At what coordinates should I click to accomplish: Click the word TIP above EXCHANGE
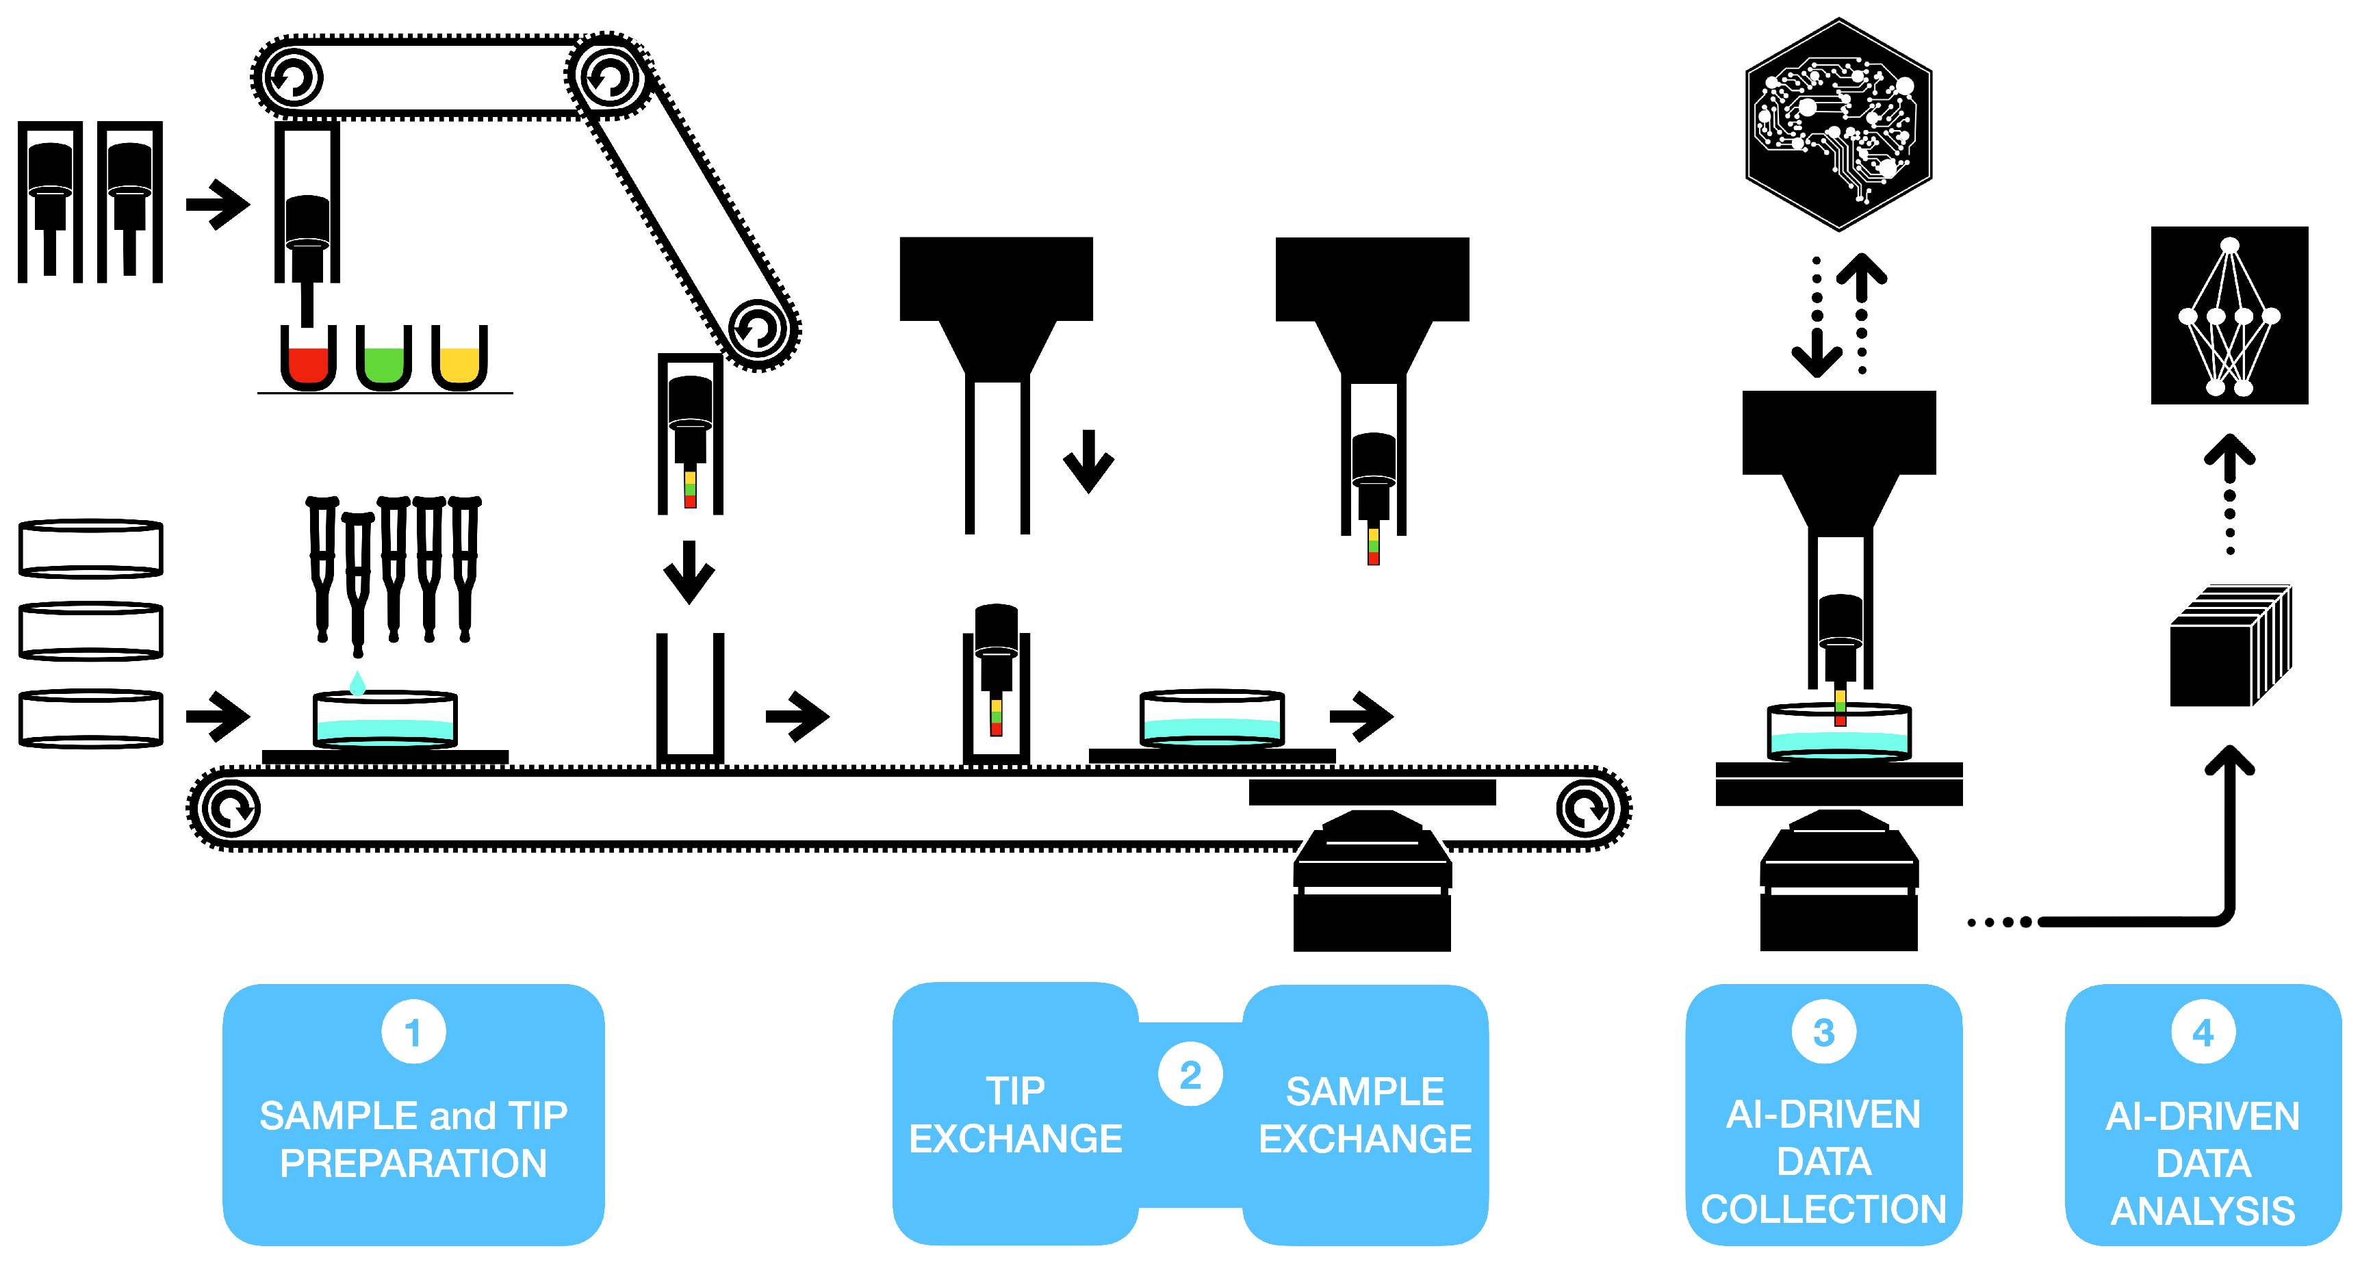(1015, 1091)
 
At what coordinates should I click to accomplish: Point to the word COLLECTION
(1823, 1209)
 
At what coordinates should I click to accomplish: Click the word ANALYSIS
(2203, 1211)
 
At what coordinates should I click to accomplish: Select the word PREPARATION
(413, 1163)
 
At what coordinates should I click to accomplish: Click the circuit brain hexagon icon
(1838, 125)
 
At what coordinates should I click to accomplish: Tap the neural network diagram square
(2229, 315)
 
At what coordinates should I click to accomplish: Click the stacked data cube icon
(2229, 646)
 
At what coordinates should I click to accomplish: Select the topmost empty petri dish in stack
(91, 549)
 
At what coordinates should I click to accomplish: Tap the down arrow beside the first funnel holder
(1088, 461)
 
